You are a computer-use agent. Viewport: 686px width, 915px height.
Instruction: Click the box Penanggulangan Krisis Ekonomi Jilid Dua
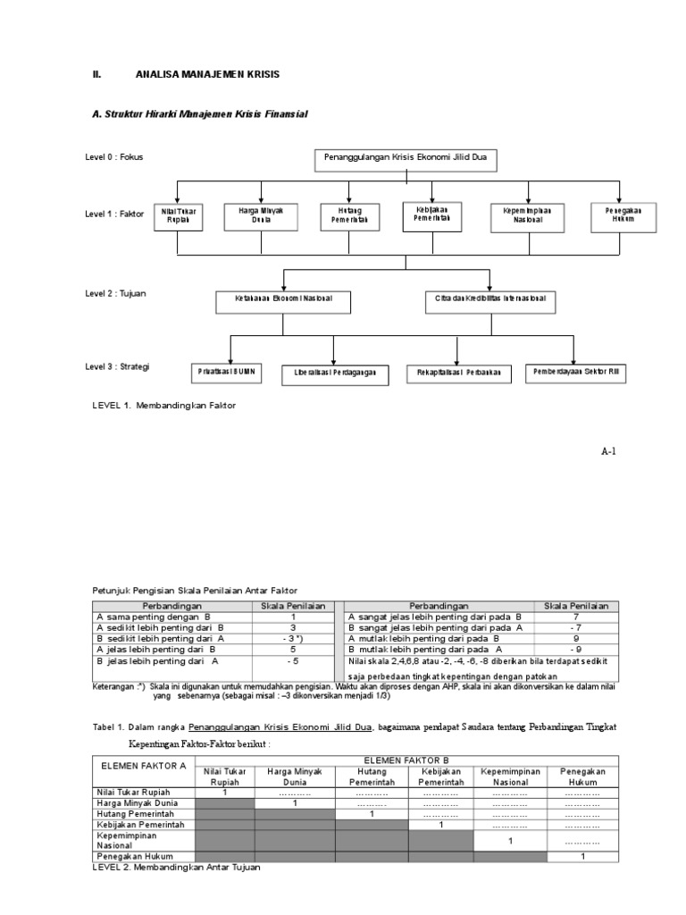[x=405, y=161]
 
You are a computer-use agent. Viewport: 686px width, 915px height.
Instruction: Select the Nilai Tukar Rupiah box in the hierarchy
[x=178, y=215]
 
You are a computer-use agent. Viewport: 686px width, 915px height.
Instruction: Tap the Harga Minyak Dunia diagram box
[x=261, y=215]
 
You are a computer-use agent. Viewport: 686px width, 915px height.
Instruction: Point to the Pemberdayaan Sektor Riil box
[x=574, y=371]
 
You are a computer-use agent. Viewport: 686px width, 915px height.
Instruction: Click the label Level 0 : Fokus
[x=113, y=157]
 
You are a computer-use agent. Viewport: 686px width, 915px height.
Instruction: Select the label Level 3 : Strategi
[x=117, y=366]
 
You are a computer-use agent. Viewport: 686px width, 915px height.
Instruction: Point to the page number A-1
[x=608, y=451]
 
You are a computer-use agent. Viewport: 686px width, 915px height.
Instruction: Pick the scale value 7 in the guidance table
[x=575, y=617]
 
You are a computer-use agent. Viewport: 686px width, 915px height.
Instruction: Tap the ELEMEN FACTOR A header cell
[x=144, y=765]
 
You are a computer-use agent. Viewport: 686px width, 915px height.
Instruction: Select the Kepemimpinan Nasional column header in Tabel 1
[x=509, y=776]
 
